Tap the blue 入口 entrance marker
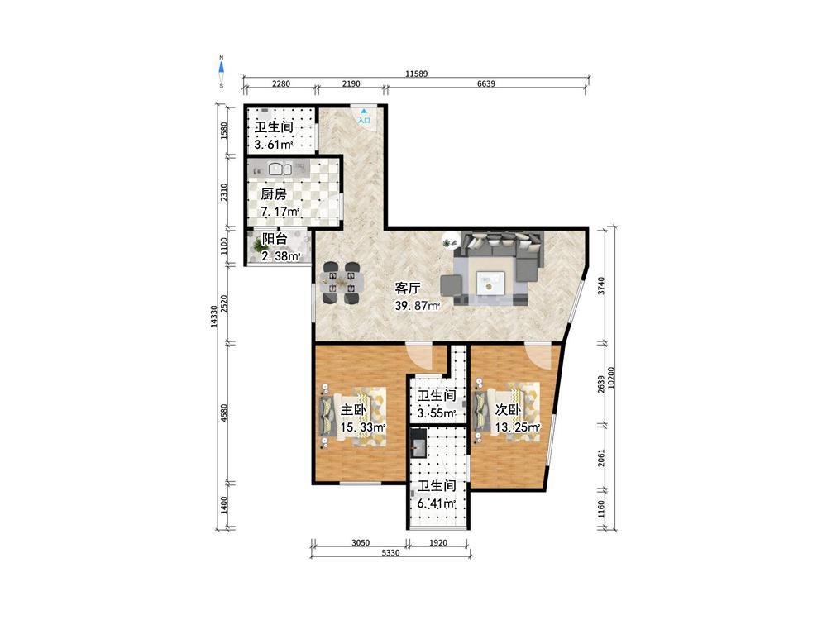tap(364, 117)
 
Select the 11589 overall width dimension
tap(416, 74)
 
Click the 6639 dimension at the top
tap(485, 83)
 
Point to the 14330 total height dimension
tap(213, 317)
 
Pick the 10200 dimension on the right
tap(611, 378)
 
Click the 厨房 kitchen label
tap(274, 194)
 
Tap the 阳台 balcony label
tap(275, 238)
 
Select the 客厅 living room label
tap(409, 288)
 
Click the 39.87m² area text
tap(417, 305)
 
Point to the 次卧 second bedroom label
tap(509, 410)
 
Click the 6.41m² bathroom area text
tap(436, 503)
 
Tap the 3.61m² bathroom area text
tap(273, 145)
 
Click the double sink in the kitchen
tap(280, 169)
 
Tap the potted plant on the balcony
tap(258, 245)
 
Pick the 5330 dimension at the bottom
tap(390, 553)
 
